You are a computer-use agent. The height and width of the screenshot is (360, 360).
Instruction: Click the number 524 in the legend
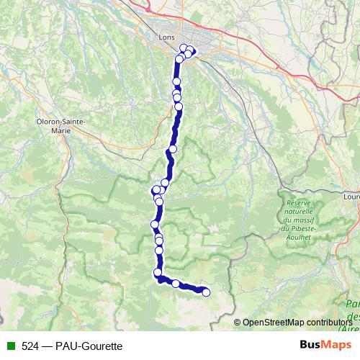point(31,346)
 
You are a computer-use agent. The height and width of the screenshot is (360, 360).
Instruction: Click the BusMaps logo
point(324,346)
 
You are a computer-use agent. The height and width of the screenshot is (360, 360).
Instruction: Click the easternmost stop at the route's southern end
point(206,292)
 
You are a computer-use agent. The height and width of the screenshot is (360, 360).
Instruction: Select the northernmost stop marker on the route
point(184,48)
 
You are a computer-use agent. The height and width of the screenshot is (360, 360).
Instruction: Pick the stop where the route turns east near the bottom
point(158,272)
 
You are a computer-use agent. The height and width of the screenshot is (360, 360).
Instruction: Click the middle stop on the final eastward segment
point(175,283)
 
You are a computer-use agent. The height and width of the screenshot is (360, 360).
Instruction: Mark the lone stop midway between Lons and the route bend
point(173,149)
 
